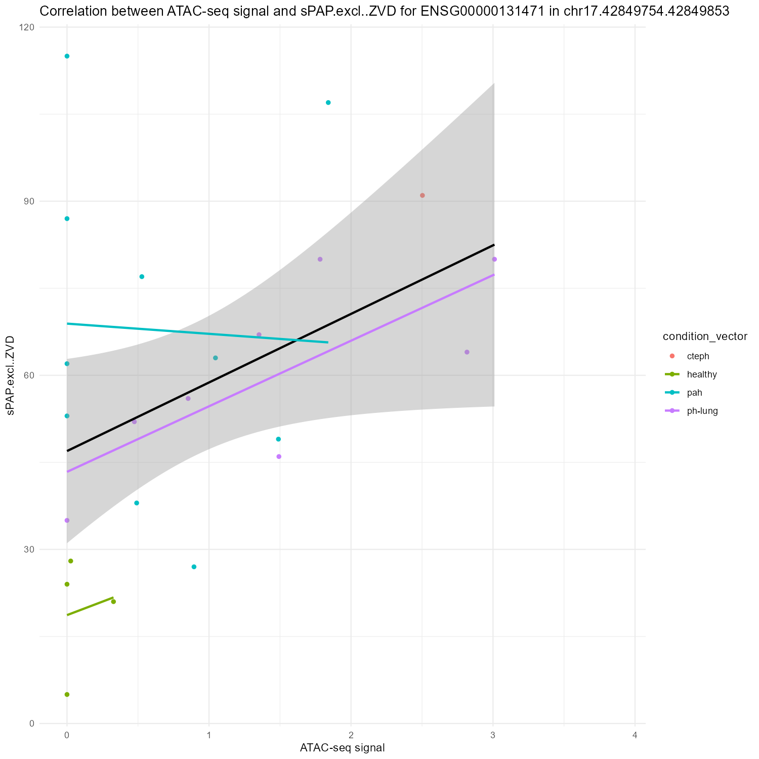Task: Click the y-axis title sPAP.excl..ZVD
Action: click(x=10, y=375)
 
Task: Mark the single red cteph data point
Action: click(x=423, y=195)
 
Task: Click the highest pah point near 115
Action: click(x=67, y=56)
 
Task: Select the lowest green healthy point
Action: click(x=67, y=694)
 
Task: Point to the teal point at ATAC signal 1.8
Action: click(x=328, y=103)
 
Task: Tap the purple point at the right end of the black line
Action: click(x=494, y=259)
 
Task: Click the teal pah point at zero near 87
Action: click(x=67, y=219)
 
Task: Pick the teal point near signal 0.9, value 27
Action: click(x=194, y=567)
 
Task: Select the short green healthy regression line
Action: click(x=90, y=606)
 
